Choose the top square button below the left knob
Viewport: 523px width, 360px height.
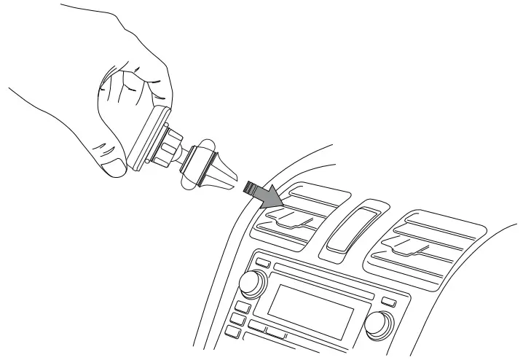point(241,306)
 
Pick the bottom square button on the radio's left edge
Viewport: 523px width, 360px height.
point(232,332)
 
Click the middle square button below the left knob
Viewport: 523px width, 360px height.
point(238,319)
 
